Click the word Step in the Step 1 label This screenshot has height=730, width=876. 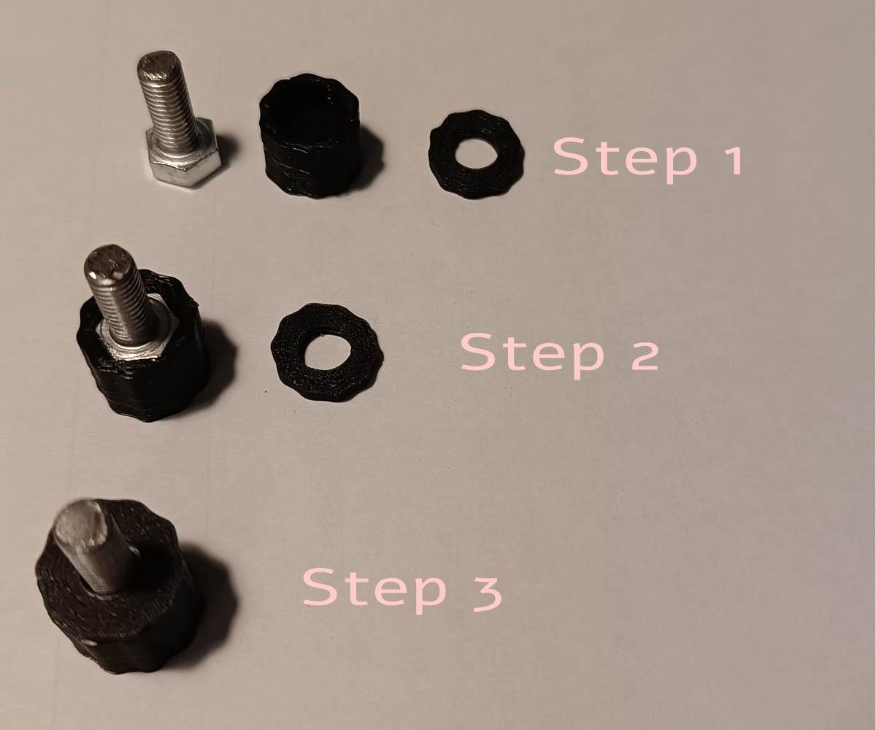coord(625,161)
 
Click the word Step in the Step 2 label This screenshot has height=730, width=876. coord(532,356)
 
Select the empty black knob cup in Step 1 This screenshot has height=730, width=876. coord(310,135)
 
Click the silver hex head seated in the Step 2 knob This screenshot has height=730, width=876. coord(134,341)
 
